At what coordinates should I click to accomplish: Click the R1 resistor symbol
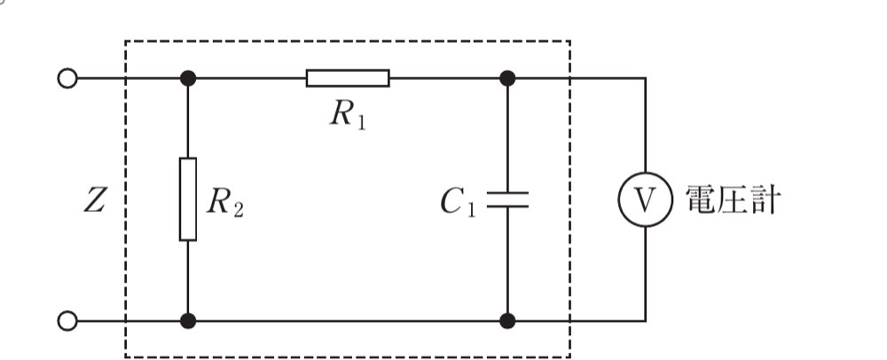point(348,78)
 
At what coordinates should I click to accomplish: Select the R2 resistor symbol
point(188,199)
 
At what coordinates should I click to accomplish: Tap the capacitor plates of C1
point(507,200)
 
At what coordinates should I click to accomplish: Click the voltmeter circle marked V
point(645,200)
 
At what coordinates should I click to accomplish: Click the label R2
point(225,202)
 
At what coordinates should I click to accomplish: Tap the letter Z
point(95,200)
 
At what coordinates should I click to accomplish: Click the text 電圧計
point(734,200)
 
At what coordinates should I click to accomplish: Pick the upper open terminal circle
point(67,78)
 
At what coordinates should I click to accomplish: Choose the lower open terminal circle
point(67,321)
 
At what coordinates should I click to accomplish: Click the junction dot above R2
point(188,78)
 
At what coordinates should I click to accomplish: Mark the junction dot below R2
point(188,321)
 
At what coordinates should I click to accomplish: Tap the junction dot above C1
point(507,78)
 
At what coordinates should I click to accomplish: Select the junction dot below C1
point(507,321)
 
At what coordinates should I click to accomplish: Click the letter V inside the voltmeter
point(645,200)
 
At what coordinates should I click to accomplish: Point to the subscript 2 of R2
point(238,209)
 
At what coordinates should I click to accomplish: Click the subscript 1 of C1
point(471,209)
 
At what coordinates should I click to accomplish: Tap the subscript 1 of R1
point(361,122)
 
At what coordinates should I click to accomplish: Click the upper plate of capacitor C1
point(507,193)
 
